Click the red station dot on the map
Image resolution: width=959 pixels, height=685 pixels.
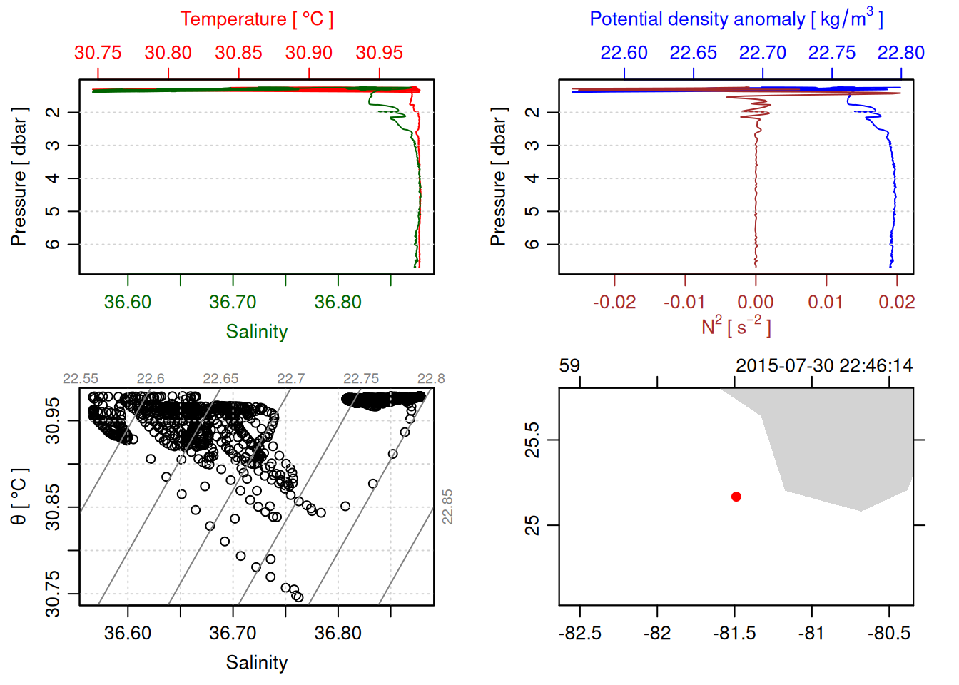coord(736,497)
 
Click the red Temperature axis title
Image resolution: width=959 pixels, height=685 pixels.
coord(256,19)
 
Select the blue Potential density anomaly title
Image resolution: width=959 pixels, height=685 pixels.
coord(736,19)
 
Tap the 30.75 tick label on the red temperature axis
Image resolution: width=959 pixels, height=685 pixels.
coord(98,53)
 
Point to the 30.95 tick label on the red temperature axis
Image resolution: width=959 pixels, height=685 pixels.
coord(380,53)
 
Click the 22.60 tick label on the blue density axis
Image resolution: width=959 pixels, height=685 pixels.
coord(624,53)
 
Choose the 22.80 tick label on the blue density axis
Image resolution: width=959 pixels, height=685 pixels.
coord(901,53)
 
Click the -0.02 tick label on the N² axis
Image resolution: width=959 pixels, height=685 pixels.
coord(614,303)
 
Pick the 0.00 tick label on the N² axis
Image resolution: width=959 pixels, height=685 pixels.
coord(756,303)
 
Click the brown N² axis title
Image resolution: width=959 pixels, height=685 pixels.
coord(736,327)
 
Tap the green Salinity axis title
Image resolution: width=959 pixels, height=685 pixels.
coord(256,332)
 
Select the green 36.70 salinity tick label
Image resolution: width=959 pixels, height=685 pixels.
coord(233,303)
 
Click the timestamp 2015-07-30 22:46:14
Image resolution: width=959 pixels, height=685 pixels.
coord(824,366)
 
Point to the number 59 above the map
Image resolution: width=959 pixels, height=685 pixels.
coord(569,366)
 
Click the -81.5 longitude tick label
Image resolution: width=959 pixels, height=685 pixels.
coord(734,634)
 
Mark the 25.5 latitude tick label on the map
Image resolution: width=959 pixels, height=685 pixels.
coord(532,440)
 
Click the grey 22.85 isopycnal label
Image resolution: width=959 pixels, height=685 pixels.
coord(447,507)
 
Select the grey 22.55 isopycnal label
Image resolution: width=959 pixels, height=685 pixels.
coord(81,379)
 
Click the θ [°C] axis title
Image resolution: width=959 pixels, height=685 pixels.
coord(19,497)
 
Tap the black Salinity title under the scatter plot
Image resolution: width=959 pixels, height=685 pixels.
coord(256,663)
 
